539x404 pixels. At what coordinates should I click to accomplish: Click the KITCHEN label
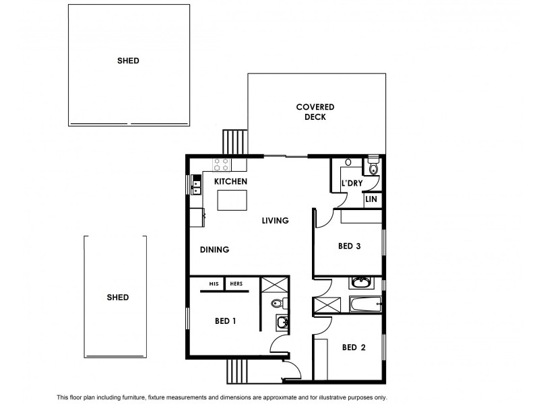click(x=230, y=182)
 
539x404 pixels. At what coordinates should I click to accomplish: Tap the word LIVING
click(x=275, y=220)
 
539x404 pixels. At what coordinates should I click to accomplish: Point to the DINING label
click(x=215, y=250)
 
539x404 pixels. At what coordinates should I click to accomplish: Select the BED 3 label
click(x=350, y=246)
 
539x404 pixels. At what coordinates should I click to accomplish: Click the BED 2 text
click(x=354, y=347)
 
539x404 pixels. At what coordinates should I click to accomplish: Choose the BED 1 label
click(x=224, y=321)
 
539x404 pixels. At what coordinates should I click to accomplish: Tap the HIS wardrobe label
click(x=214, y=284)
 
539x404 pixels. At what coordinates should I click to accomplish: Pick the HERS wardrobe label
click(x=236, y=284)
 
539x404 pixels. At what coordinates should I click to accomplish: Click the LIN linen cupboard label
click(x=371, y=200)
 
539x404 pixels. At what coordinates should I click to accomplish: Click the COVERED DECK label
click(x=315, y=112)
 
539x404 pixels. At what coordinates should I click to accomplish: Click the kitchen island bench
click(x=231, y=200)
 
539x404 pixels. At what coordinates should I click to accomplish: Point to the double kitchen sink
click(x=196, y=184)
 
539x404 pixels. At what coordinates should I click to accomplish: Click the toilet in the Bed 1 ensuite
click(x=277, y=304)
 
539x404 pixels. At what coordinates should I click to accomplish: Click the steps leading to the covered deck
click(x=235, y=142)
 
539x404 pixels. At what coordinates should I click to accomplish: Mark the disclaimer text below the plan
click(x=222, y=397)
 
